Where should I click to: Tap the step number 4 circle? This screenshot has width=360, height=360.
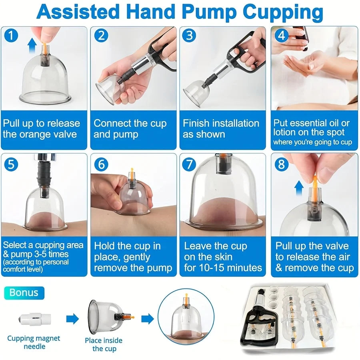(282, 36)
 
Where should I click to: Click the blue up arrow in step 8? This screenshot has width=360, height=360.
(298, 188)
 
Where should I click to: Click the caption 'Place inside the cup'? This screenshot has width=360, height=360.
(104, 344)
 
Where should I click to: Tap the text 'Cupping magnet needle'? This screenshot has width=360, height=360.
(34, 342)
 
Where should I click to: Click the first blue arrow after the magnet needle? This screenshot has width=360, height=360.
(72, 319)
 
